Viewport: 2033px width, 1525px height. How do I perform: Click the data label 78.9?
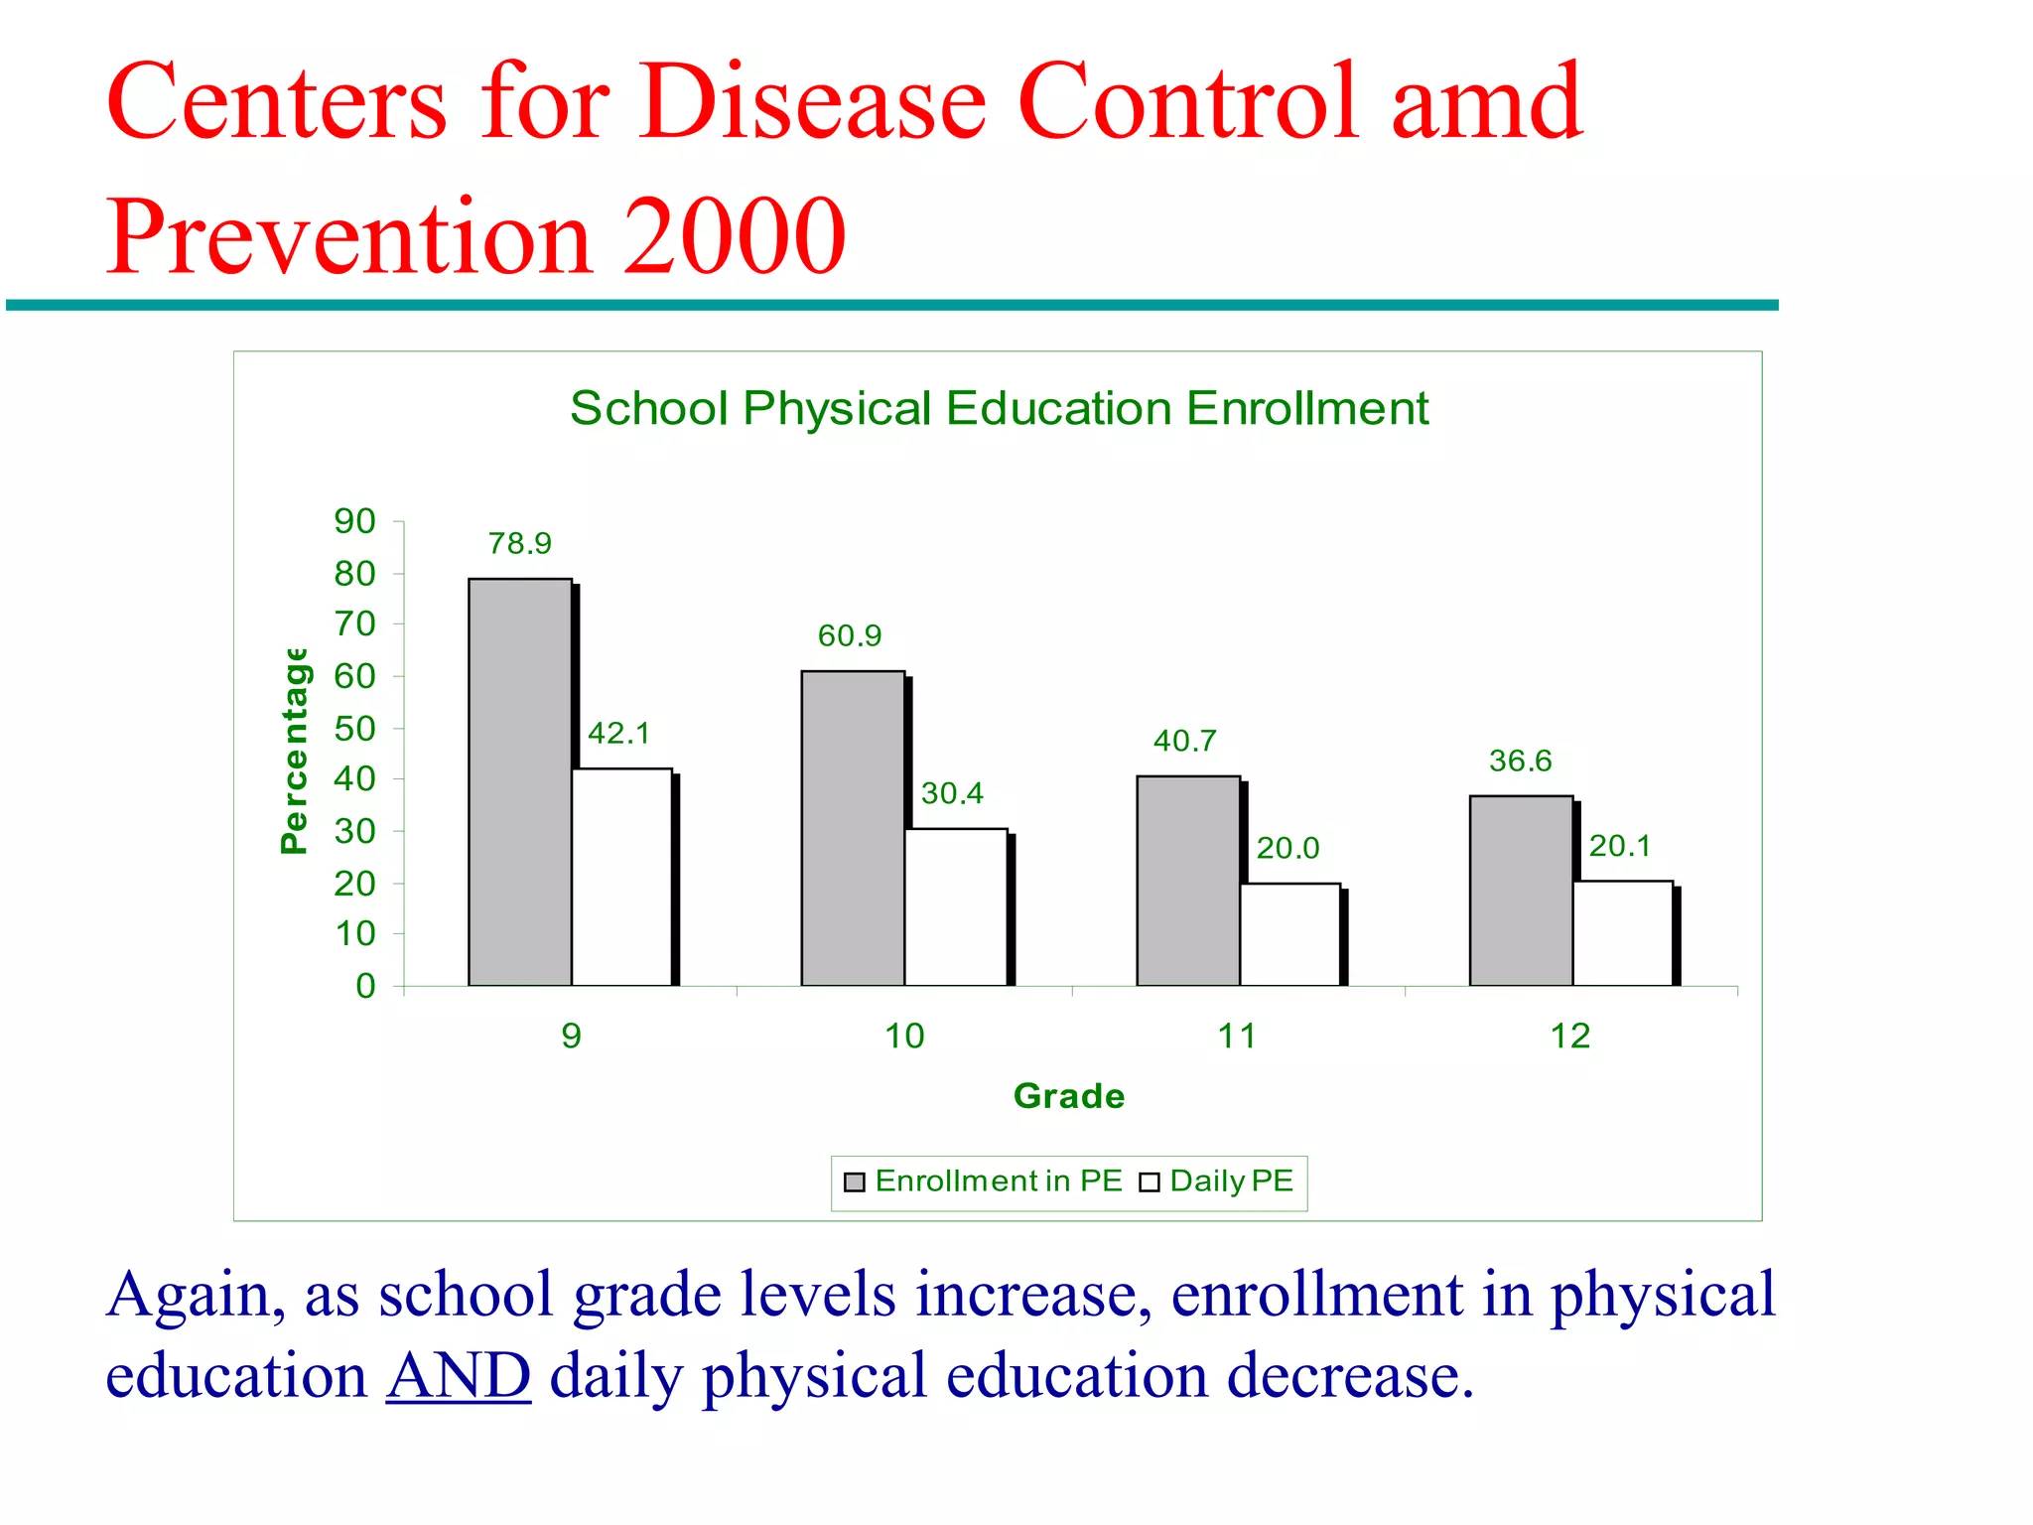tap(519, 543)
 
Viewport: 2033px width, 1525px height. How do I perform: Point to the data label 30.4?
tap(951, 793)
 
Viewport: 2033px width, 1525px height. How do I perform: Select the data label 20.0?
tap(1287, 848)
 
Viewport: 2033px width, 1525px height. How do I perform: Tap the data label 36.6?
tap(1519, 762)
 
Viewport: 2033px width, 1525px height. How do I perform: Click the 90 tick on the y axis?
tap(354, 521)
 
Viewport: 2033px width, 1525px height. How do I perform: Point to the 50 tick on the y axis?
tap(354, 728)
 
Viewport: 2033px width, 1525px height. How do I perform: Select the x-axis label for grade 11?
tap(1237, 1036)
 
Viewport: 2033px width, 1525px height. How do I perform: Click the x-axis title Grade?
tap(1068, 1096)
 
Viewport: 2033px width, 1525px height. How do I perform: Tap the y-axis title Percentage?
tap(295, 751)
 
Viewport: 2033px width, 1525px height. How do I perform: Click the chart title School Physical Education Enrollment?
tap(999, 408)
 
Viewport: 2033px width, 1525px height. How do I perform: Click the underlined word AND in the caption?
tap(458, 1376)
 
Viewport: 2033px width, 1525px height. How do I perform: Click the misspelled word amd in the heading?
tap(1485, 101)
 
